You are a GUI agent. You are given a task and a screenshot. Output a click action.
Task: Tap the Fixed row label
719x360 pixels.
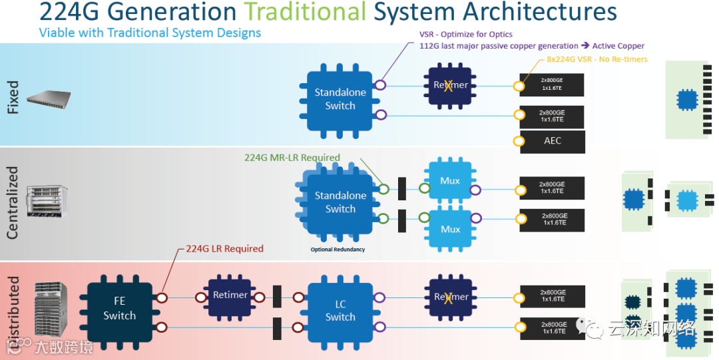click(13, 98)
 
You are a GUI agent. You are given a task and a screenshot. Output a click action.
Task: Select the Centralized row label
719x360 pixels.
click(13, 202)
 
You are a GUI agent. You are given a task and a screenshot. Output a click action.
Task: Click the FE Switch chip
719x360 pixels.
click(119, 308)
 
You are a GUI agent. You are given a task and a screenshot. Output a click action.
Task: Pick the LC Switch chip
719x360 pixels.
click(340, 310)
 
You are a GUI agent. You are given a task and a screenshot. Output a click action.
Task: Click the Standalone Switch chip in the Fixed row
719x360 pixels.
click(340, 99)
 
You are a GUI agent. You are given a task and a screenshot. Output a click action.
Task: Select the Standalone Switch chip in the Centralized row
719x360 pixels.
click(340, 202)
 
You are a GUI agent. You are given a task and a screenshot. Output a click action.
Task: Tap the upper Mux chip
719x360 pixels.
click(450, 180)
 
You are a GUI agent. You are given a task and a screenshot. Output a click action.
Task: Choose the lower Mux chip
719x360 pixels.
click(450, 229)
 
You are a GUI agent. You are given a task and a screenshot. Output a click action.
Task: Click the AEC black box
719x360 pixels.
click(553, 141)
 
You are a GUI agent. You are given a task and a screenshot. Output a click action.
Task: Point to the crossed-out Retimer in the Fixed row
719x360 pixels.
click(450, 85)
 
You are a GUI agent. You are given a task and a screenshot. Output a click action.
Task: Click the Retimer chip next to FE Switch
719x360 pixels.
click(230, 295)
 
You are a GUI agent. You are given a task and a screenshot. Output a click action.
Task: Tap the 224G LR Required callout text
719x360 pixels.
click(224, 249)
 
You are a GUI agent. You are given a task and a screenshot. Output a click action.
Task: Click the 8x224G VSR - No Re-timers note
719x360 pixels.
click(592, 59)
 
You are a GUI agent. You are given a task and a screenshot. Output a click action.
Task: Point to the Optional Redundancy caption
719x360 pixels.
click(338, 250)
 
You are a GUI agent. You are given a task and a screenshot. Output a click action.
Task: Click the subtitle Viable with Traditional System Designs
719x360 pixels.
click(150, 33)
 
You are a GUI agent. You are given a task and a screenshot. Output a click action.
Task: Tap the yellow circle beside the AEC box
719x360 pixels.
click(518, 141)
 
